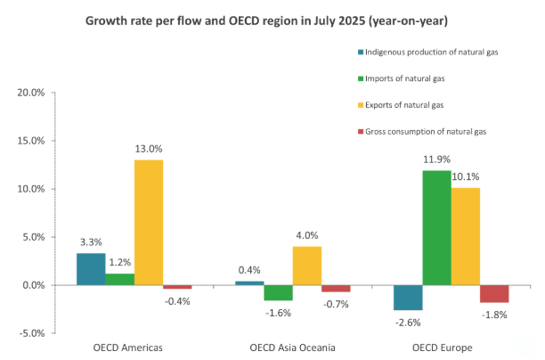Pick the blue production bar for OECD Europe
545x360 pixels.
tap(408, 298)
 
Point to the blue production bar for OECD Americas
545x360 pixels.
tap(91, 269)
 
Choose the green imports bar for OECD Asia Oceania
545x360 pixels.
tap(279, 293)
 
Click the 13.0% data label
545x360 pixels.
tap(149, 149)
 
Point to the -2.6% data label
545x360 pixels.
tap(409, 321)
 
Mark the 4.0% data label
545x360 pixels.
tap(307, 235)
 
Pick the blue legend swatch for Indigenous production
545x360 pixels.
tap(360, 53)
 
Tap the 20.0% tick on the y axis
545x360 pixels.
tap(31, 93)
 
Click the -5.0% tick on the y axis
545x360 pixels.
tap(31, 333)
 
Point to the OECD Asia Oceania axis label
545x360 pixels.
tap(293, 347)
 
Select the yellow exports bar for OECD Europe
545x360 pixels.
tap(465, 236)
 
